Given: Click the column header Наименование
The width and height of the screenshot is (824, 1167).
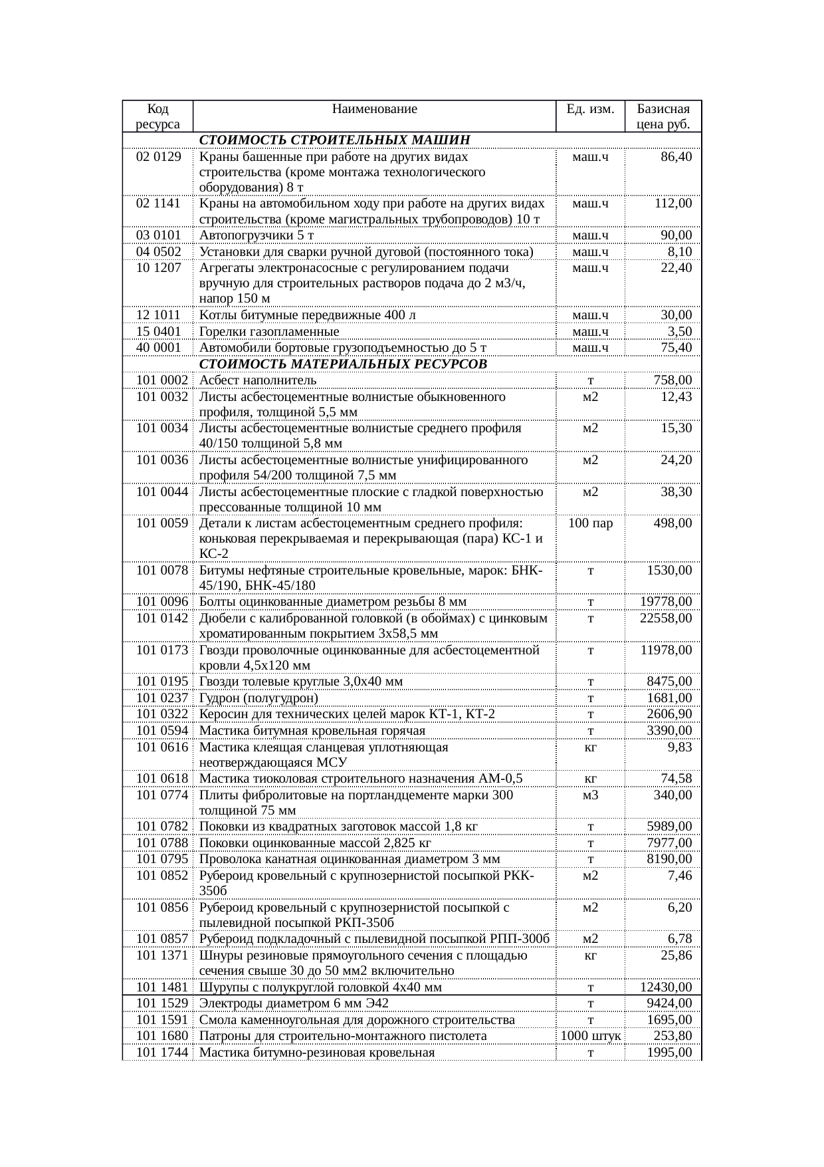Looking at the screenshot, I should pos(374,109).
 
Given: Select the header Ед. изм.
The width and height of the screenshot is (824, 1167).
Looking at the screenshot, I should pos(590,109).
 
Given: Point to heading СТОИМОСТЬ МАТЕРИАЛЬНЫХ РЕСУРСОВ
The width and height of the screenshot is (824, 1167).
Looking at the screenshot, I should pos(343,364).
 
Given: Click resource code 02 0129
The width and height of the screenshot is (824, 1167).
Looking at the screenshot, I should pos(158,157).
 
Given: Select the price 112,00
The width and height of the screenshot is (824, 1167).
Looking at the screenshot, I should pos(672,203).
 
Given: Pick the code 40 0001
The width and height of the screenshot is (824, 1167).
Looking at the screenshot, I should pos(158,348).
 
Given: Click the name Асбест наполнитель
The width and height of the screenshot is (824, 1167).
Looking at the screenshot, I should pos(258,380).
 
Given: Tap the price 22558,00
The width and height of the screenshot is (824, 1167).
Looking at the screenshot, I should pos(666,618).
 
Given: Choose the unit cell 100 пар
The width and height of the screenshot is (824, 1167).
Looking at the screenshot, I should pos(590,523).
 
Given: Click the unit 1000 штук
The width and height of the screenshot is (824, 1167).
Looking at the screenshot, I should pos(590,1036).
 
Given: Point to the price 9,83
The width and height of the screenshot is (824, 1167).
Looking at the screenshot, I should pos(679,747).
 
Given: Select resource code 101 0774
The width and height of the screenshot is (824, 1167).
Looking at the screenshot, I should pos(161,795).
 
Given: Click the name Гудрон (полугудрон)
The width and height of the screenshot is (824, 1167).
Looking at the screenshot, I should pos(258,698).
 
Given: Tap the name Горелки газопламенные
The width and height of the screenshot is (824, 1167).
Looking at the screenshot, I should pos(269,332).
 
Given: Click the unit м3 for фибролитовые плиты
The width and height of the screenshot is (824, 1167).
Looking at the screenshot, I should pos(590,795).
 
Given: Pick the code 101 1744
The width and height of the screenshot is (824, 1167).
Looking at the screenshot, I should pos(161,1053).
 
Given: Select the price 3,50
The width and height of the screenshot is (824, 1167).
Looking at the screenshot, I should pos(679,332).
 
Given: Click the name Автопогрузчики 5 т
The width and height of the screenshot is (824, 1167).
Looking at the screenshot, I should pos(257,235).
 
